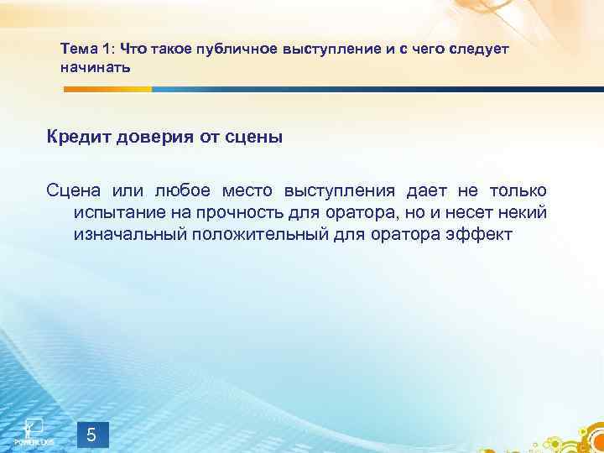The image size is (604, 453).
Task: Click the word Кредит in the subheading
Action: (79, 137)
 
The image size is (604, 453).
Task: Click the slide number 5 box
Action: (92, 435)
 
